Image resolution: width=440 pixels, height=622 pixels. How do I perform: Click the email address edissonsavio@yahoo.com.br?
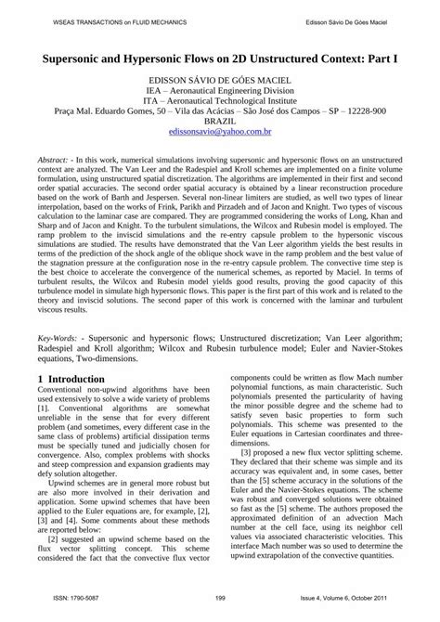coord(219,133)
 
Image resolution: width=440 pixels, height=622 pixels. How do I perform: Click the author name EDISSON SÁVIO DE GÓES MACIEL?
coord(219,81)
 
